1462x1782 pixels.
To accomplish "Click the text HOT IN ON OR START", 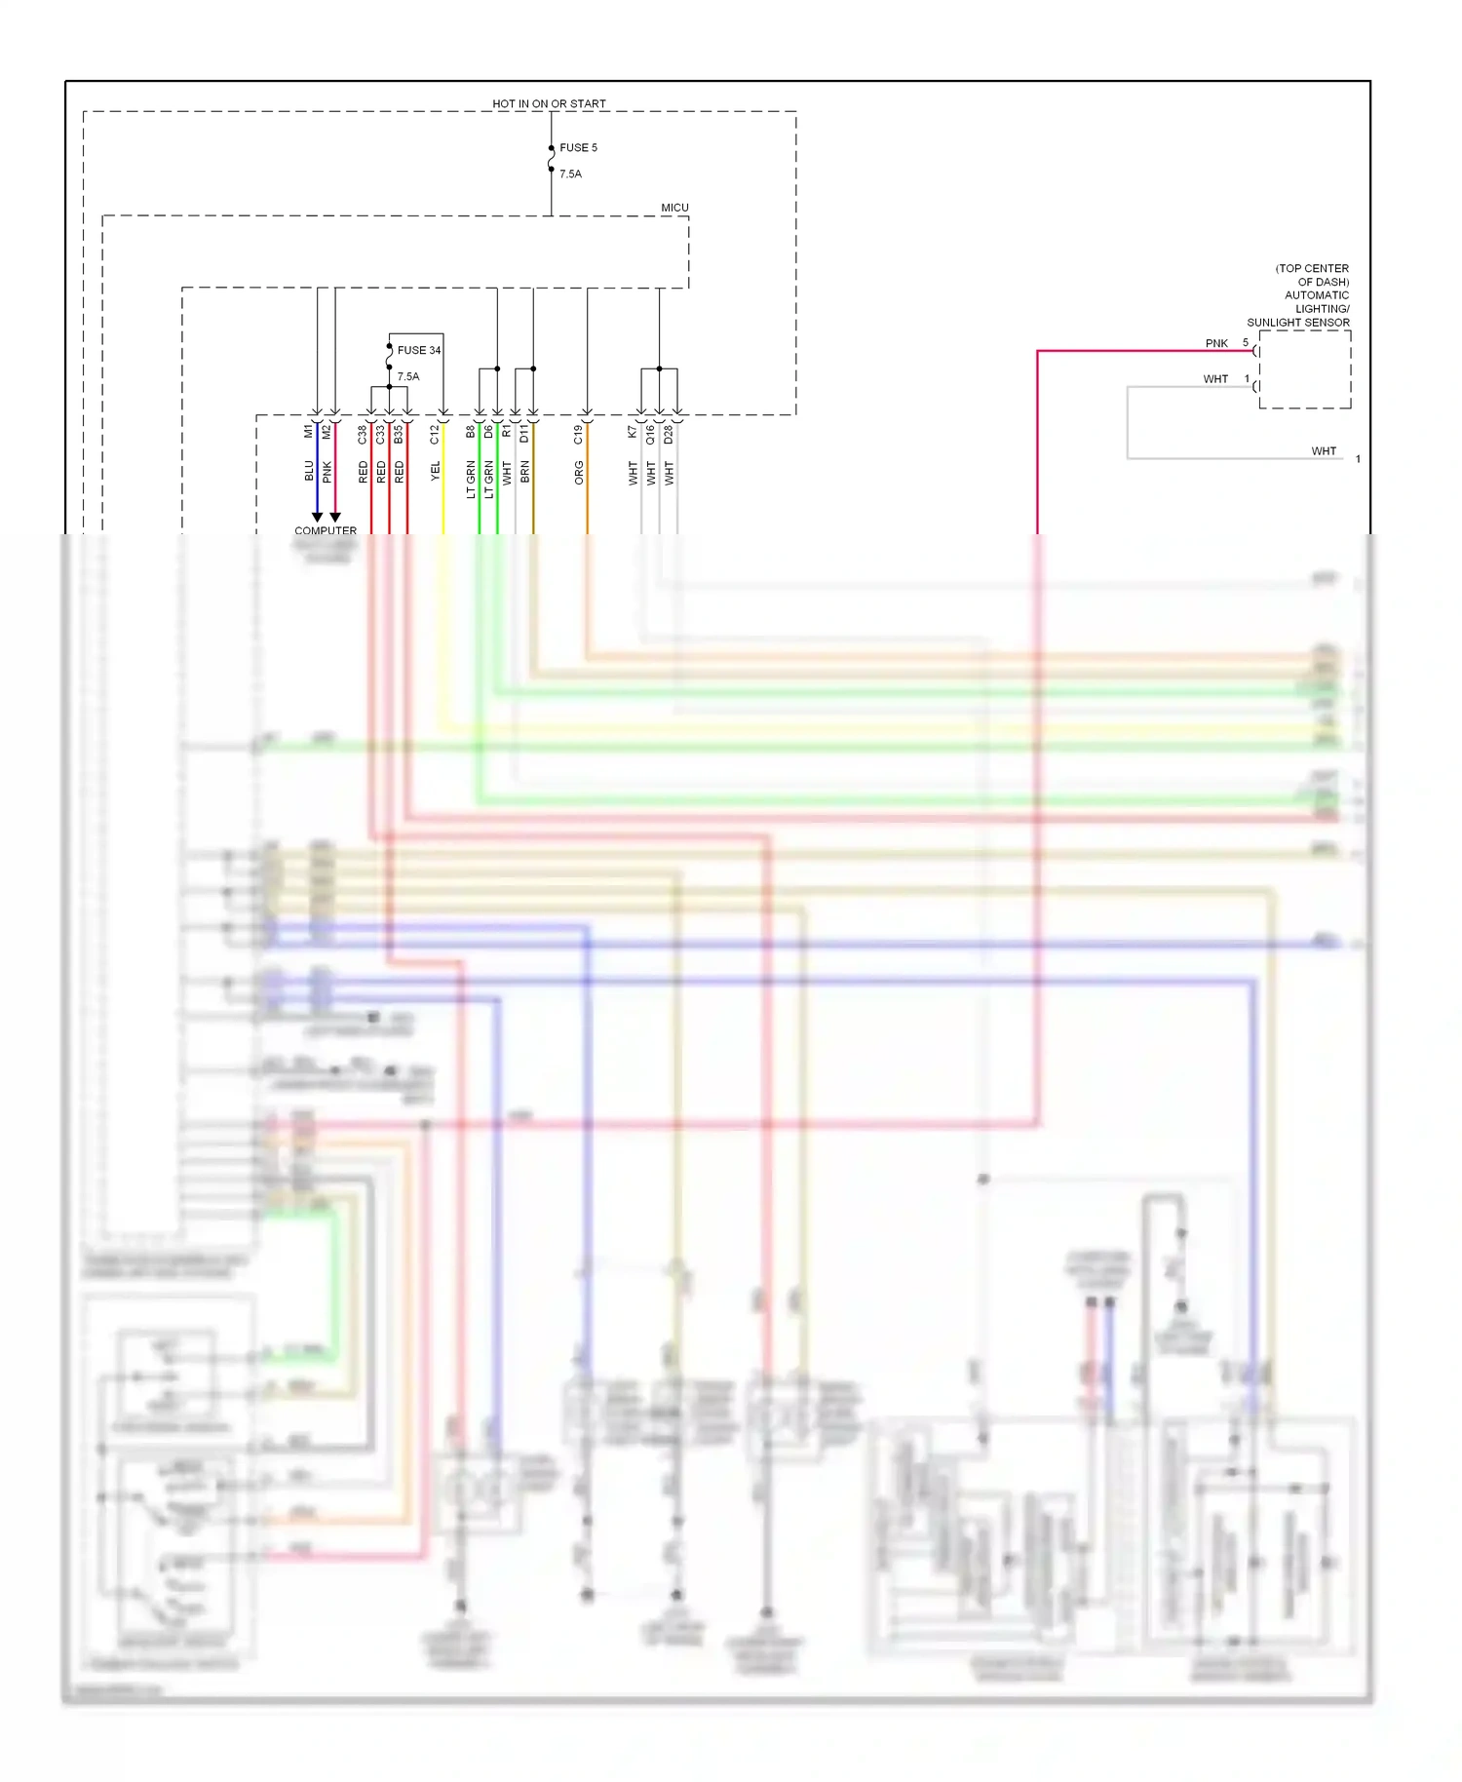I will click(x=549, y=103).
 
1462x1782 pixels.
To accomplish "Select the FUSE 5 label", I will click(x=578, y=147).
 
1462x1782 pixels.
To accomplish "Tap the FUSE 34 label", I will click(x=419, y=350).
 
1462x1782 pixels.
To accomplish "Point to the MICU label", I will click(x=674, y=208).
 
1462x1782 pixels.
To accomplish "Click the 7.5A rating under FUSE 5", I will click(x=570, y=174).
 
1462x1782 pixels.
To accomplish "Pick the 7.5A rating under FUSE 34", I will click(x=408, y=376).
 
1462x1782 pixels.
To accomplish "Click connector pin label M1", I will click(x=309, y=431).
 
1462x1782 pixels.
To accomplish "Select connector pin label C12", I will click(x=435, y=435).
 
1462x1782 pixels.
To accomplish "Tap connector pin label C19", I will click(x=579, y=435).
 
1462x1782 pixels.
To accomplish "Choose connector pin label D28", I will click(x=669, y=435).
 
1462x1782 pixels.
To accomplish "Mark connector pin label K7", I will click(x=633, y=431).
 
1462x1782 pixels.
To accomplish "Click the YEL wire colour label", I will click(x=436, y=472).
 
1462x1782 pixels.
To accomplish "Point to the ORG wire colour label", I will click(x=579, y=474).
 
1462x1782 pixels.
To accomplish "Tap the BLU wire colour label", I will click(x=309, y=472).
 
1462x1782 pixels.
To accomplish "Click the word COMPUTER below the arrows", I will click(x=326, y=531).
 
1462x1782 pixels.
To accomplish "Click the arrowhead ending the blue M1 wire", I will click(x=317, y=517).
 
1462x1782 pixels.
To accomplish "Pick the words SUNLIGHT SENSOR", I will click(x=1298, y=323).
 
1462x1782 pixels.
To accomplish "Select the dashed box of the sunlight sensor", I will click(x=1305, y=369).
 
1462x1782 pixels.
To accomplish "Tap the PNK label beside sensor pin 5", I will click(x=1216, y=343).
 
